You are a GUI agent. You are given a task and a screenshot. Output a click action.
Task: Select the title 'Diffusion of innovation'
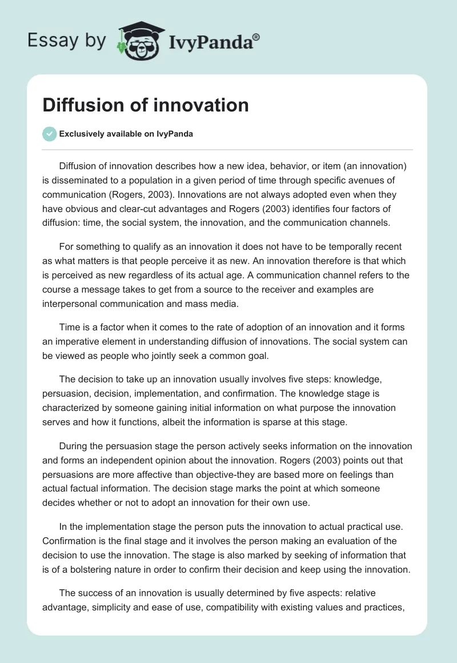coord(146,105)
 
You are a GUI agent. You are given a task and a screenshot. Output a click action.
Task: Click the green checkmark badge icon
coord(49,134)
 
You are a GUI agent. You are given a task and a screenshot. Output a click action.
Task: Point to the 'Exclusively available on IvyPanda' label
coord(126,134)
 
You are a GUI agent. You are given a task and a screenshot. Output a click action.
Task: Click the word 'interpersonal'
coord(70,303)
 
